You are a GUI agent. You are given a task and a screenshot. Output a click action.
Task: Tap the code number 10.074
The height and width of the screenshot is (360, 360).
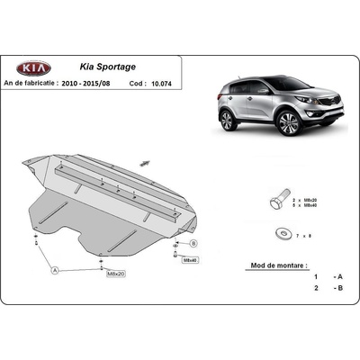(x=159, y=82)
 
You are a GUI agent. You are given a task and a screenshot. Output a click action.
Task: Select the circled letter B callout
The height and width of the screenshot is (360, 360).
(x=193, y=244)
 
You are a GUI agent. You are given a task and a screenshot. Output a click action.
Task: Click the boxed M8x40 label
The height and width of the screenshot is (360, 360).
(x=189, y=258)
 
